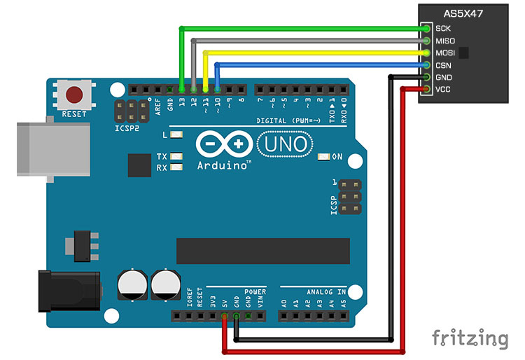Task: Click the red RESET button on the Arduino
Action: point(73,94)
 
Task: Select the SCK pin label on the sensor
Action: point(442,29)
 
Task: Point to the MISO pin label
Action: point(444,41)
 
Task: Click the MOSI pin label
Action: point(445,53)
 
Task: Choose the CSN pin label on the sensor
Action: point(442,65)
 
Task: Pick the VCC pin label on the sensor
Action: point(442,90)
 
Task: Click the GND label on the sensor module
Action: point(443,77)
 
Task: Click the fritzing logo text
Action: point(469,338)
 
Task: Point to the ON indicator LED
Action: point(323,156)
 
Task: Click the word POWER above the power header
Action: point(255,291)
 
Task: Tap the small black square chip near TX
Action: point(140,165)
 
